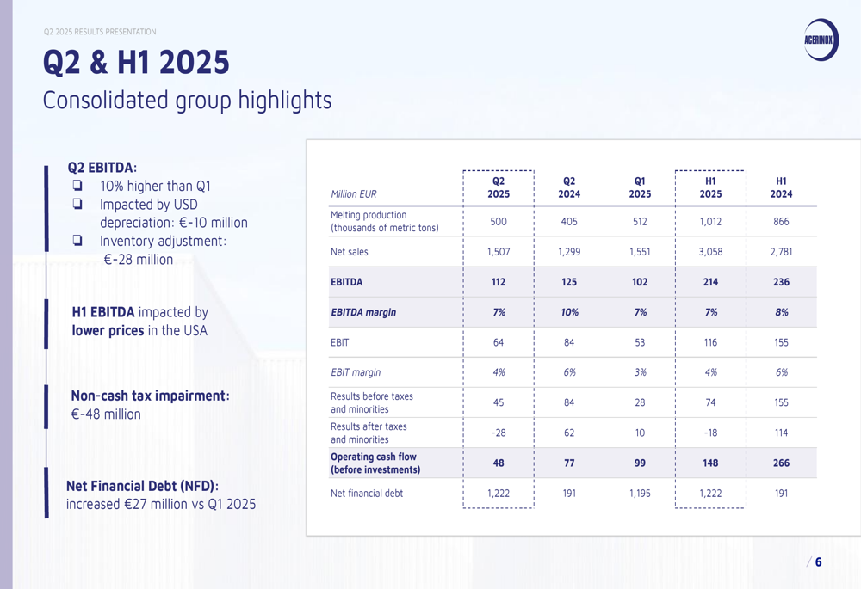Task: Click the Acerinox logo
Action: [821, 40]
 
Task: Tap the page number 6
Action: [818, 562]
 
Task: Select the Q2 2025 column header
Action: [499, 187]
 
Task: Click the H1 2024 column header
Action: [781, 187]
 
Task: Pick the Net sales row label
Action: [350, 252]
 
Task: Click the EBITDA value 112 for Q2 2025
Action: [499, 282]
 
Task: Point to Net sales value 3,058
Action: [710, 252]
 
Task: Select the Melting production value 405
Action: [569, 222]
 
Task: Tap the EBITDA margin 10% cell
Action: [569, 312]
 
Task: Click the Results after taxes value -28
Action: [499, 433]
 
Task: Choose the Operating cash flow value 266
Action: [781, 463]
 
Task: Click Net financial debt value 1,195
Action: [640, 493]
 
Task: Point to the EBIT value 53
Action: [640, 342]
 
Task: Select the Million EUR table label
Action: [354, 194]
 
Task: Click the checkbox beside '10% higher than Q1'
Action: [77, 186]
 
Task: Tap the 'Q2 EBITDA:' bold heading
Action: [102, 168]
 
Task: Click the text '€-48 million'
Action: [106, 414]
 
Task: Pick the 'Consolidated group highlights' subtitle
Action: [187, 101]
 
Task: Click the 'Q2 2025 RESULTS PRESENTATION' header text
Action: [100, 32]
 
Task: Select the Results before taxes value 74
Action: [710, 402]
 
